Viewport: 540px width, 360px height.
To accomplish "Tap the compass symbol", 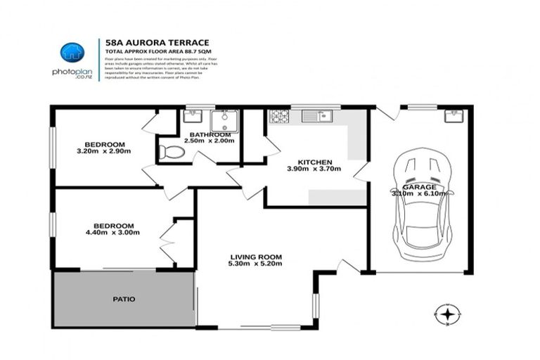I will (447, 314).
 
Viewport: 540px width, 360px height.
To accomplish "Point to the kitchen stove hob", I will (279, 116).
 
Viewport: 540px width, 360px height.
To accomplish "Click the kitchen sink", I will (316, 116).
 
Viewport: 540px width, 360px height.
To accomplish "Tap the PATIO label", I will (124, 299).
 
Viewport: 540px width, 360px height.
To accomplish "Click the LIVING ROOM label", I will (255, 257).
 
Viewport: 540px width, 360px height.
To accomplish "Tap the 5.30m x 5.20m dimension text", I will (255, 264).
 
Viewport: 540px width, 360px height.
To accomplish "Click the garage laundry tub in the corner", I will (454, 116).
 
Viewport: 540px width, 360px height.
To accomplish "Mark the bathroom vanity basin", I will (193, 117).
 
